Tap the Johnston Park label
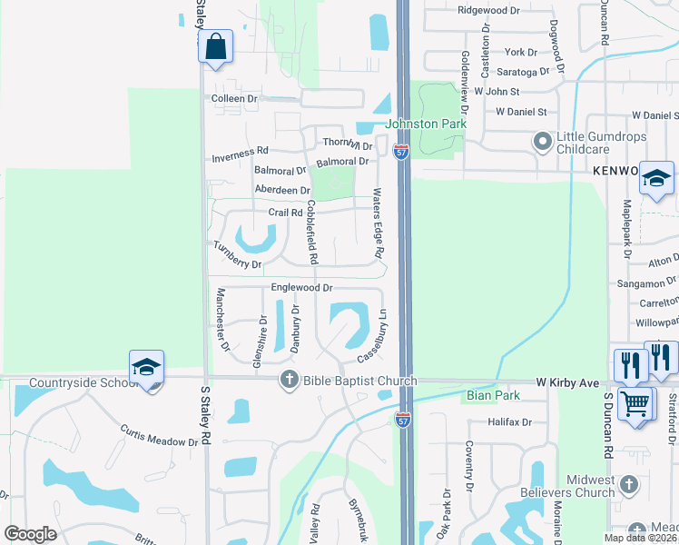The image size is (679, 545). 426,124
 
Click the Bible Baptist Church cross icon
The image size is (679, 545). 289,380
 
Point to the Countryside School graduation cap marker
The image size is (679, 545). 146,367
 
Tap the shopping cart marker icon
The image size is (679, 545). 635,402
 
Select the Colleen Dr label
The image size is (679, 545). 234,98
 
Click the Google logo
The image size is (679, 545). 30,534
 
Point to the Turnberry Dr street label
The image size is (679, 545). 238,254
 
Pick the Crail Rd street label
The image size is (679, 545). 285,213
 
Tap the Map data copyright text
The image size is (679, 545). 640,538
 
